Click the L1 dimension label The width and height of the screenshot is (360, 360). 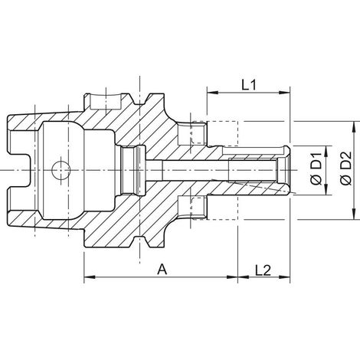click(x=249, y=85)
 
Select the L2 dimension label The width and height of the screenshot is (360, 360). click(x=263, y=270)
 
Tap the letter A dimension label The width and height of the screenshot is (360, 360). click(x=162, y=270)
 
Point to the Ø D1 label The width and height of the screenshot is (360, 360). click(x=316, y=169)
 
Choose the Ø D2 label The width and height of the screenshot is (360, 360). click(x=346, y=168)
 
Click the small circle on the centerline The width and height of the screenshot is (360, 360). click(x=61, y=170)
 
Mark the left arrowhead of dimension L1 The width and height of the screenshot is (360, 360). click(x=213, y=93)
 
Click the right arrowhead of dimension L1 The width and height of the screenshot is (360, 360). click(x=284, y=93)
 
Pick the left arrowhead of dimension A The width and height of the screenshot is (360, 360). click(x=90, y=277)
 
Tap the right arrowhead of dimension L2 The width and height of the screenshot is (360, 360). click(x=284, y=277)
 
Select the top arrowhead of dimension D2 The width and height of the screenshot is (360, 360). click(x=354, y=127)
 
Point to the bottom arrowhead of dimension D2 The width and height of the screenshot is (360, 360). click(x=354, y=214)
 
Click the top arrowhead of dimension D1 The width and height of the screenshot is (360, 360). click(x=327, y=152)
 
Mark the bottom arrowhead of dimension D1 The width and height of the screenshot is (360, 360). click(x=327, y=189)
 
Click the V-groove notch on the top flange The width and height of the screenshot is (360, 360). click(x=140, y=100)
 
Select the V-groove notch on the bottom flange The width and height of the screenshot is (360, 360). click(x=140, y=241)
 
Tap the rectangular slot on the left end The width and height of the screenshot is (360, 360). click(x=20, y=170)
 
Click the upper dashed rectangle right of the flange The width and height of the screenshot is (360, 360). click(x=215, y=133)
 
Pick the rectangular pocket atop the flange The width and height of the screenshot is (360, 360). click(x=105, y=101)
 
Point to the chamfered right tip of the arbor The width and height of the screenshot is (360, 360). click(x=287, y=171)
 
